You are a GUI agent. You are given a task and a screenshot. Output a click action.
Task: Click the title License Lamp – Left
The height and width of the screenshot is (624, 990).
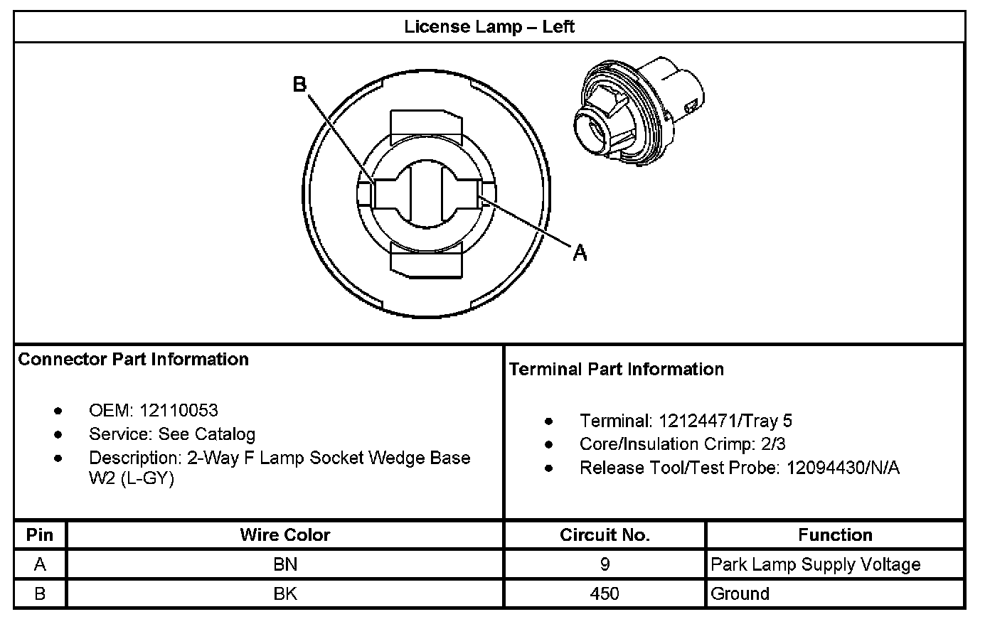pyautogui.click(x=489, y=26)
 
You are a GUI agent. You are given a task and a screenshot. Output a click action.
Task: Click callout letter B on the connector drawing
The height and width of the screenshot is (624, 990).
pyautogui.click(x=299, y=84)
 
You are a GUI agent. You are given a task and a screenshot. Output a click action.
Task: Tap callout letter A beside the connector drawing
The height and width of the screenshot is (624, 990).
pyautogui.click(x=580, y=252)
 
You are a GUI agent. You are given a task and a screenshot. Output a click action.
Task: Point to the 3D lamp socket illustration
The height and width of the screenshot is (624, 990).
pyautogui.click(x=639, y=112)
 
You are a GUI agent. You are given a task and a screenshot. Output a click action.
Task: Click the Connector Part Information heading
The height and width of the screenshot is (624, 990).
pyautogui.click(x=133, y=359)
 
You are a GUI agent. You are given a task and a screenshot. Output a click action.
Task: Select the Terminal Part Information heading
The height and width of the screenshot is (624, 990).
pyautogui.click(x=616, y=369)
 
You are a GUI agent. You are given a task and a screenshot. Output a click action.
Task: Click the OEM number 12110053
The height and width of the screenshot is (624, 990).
pyautogui.click(x=179, y=410)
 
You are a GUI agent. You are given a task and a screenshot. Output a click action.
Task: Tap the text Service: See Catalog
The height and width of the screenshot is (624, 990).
pyautogui.click(x=172, y=434)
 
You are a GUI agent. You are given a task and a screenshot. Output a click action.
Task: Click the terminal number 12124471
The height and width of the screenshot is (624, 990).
pyautogui.click(x=698, y=421)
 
